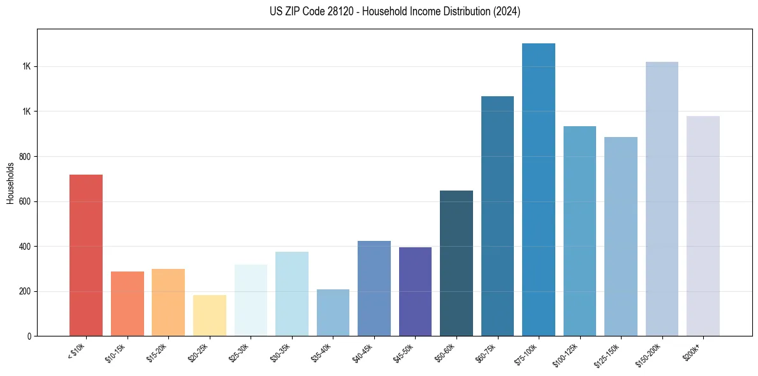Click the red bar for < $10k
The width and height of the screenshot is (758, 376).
(85, 255)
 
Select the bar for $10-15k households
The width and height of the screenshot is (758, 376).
(127, 303)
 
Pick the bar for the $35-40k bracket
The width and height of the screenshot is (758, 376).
(333, 312)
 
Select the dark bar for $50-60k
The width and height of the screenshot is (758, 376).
(456, 263)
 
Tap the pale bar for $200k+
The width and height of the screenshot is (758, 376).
(703, 226)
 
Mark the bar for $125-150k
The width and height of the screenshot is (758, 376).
(621, 236)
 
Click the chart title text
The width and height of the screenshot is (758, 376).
(395, 11)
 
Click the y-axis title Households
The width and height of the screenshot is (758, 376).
(10, 183)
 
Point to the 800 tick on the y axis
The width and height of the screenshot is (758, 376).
(26, 157)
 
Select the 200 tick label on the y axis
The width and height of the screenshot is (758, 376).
(26, 291)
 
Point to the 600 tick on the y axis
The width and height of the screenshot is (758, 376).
(26, 201)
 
